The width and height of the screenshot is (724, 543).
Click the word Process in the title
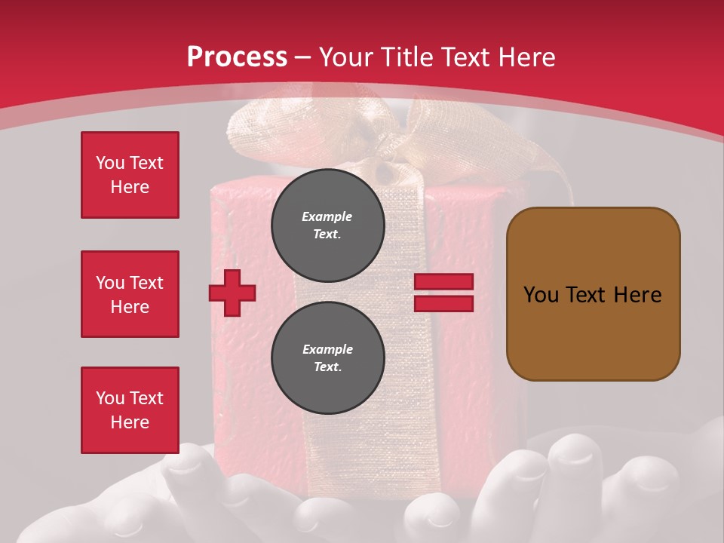pyautogui.click(x=237, y=57)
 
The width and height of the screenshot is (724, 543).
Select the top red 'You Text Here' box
pyautogui.click(x=130, y=175)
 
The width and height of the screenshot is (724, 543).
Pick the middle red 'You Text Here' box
pyautogui.click(x=130, y=294)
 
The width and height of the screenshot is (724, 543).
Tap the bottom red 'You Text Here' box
pyautogui.click(x=130, y=410)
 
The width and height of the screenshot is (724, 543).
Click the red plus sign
pyautogui.click(x=232, y=293)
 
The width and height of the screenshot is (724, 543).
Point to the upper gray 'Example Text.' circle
pyautogui.click(x=327, y=225)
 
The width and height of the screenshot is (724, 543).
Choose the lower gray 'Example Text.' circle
pyautogui.click(x=327, y=357)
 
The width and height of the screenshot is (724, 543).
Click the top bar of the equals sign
pyautogui.click(x=443, y=282)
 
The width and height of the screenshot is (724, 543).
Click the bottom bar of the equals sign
pyautogui.click(x=443, y=303)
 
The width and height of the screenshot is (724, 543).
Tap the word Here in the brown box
pyautogui.click(x=637, y=295)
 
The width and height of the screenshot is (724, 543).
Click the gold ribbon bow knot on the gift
pyautogui.click(x=386, y=155)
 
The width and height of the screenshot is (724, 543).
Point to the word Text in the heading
pyautogui.click(x=471, y=57)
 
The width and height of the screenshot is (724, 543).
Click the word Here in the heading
pyautogui.click(x=531, y=57)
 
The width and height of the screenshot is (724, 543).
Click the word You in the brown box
pyautogui.click(x=541, y=295)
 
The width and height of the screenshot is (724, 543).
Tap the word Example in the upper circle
pyautogui.click(x=327, y=216)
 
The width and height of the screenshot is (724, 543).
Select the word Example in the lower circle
pyautogui.click(x=327, y=349)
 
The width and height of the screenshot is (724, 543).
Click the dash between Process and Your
pyautogui.click(x=303, y=57)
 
